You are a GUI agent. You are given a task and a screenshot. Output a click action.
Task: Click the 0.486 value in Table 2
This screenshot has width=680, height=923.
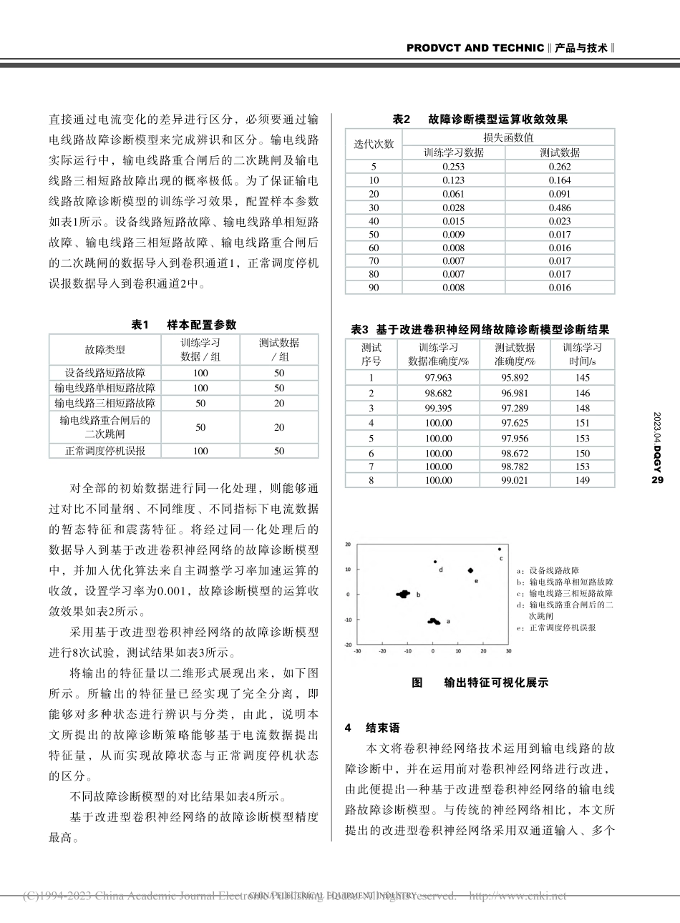click(x=560, y=207)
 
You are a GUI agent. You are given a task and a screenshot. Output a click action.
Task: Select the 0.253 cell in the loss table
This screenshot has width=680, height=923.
click(x=453, y=167)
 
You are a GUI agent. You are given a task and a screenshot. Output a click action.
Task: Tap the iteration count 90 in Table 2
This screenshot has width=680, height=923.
click(x=374, y=288)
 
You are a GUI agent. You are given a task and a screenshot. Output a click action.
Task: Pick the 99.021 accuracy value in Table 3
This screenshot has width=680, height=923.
click(x=515, y=480)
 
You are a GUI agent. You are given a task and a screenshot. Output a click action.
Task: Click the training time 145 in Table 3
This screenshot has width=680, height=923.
click(x=582, y=378)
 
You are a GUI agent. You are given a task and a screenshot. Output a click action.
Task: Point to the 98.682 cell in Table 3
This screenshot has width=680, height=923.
click(x=438, y=393)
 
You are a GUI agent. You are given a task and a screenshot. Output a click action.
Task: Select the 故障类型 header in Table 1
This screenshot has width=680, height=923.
click(x=105, y=349)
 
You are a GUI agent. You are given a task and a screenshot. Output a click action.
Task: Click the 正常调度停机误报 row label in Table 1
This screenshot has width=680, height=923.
click(x=105, y=451)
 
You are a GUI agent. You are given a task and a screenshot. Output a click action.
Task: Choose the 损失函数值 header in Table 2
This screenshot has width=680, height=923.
click(x=508, y=137)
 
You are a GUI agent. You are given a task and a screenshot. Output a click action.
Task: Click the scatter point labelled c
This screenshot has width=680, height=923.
click(x=499, y=550)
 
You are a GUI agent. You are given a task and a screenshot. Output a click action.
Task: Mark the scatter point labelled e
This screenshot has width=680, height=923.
click(x=470, y=570)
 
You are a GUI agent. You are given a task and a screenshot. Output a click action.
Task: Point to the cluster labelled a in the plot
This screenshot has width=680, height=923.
click(x=434, y=621)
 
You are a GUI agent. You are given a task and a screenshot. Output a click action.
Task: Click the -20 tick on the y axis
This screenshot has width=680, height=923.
click(x=349, y=644)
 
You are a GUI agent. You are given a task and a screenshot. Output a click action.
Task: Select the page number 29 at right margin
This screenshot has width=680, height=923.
click(x=657, y=480)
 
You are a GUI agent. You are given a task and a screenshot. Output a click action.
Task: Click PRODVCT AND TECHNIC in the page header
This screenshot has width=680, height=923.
click(x=475, y=48)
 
